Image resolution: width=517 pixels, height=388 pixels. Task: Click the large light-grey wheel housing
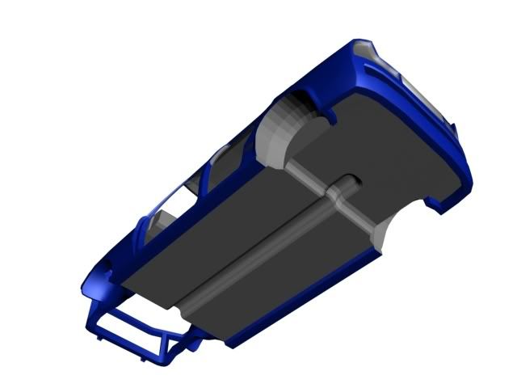point(291,129)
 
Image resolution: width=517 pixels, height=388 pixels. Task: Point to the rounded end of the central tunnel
point(349,182)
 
